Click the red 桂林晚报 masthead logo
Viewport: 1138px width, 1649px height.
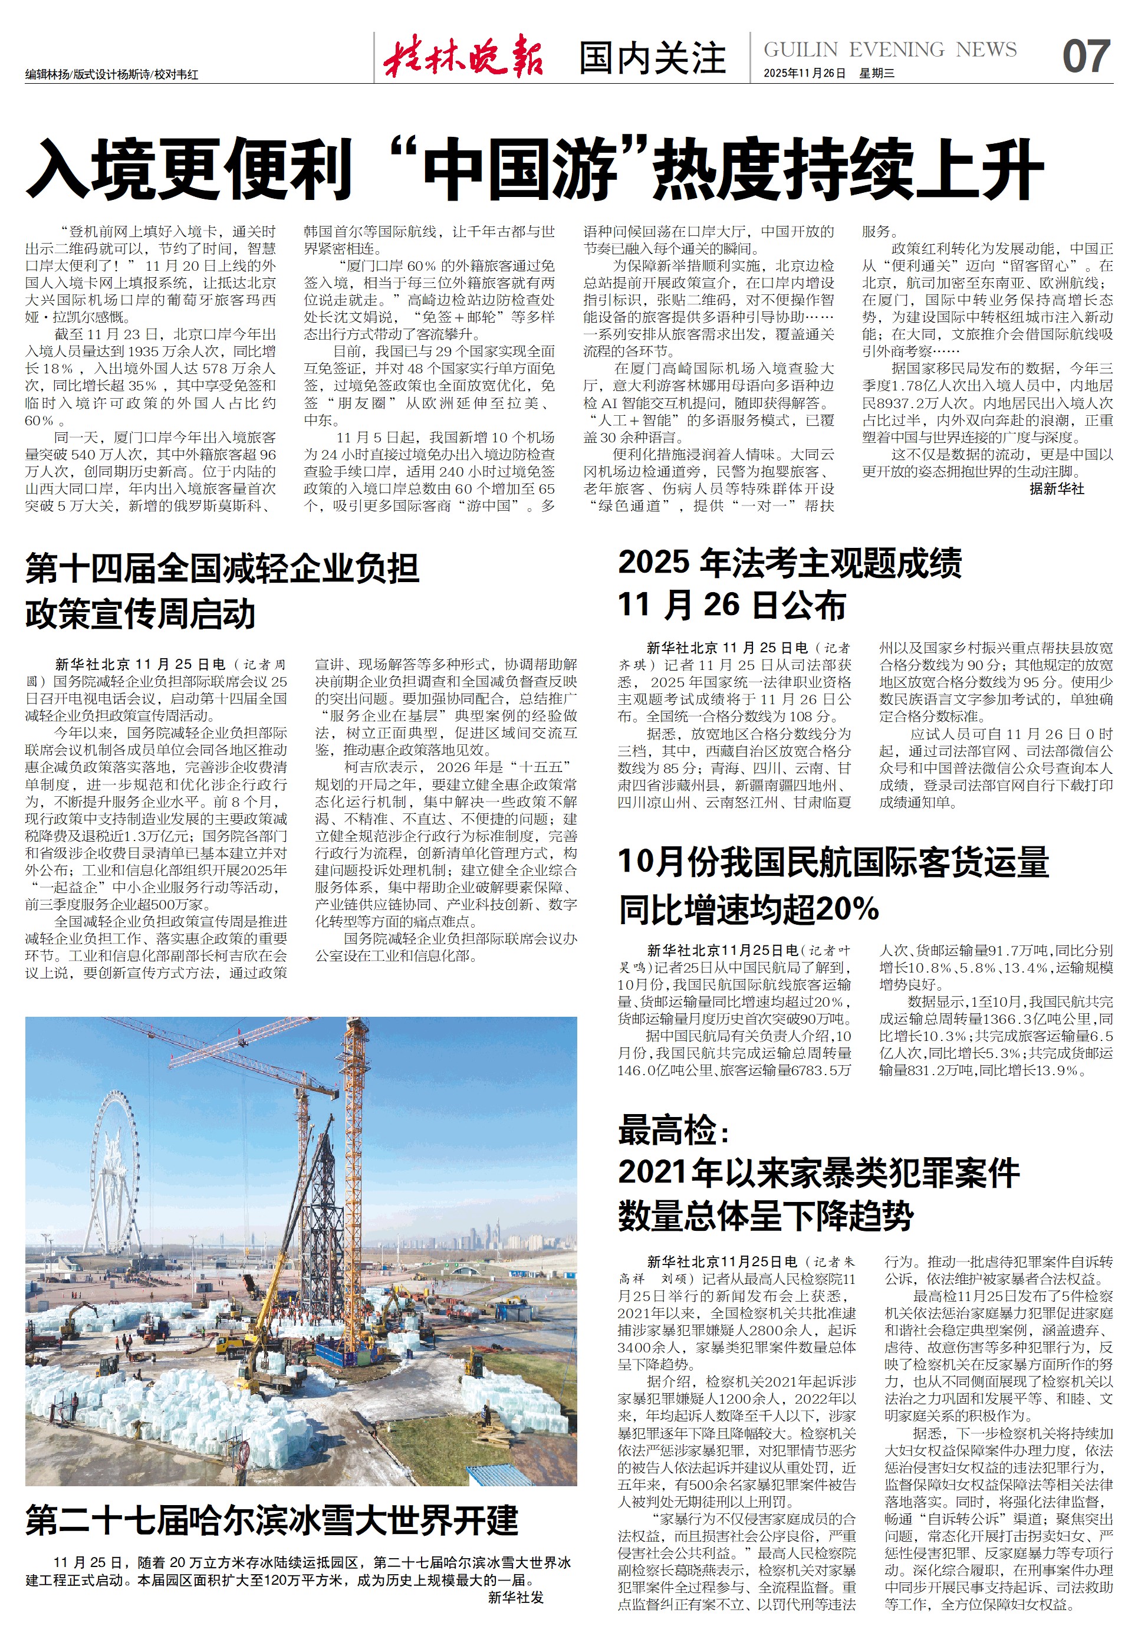[463, 55]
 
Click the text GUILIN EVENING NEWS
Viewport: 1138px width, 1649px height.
[890, 49]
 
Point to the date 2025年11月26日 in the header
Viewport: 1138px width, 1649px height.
[804, 74]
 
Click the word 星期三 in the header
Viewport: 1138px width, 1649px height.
[877, 74]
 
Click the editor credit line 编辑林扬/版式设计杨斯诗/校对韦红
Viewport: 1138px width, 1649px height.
[112, 74]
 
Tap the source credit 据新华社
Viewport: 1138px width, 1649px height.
[1056, 488]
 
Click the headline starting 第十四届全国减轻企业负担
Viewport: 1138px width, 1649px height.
[222, 569]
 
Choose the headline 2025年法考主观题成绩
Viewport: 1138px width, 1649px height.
[790, 563]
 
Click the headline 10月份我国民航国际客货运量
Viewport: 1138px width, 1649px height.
[833, 862]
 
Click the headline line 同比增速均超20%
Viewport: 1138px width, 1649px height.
[749, 909]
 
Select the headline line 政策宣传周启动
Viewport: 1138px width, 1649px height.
[140, 614]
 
